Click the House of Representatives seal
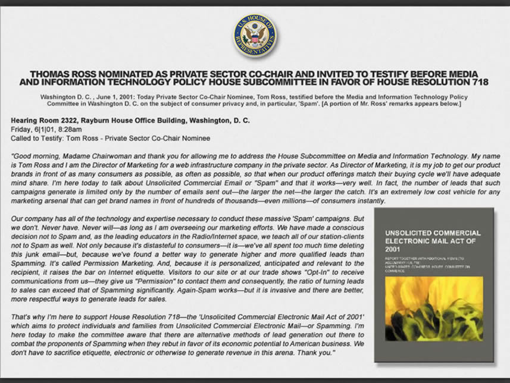[255, 36]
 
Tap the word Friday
[22, 129]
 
